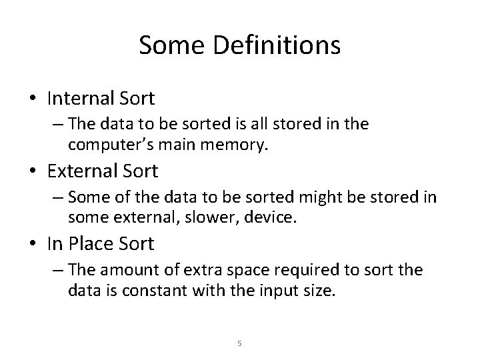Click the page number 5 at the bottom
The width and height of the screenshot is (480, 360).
tap(240, 343)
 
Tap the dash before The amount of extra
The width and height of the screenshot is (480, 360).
tap(58, 271)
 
